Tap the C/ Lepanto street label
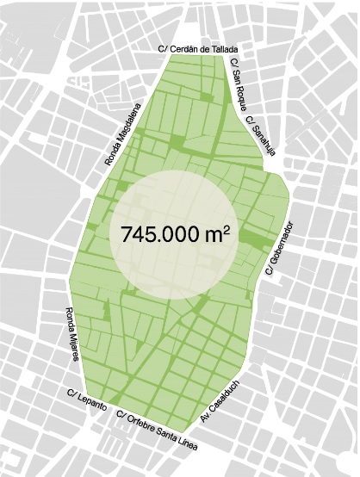click(x=86, y=399)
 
